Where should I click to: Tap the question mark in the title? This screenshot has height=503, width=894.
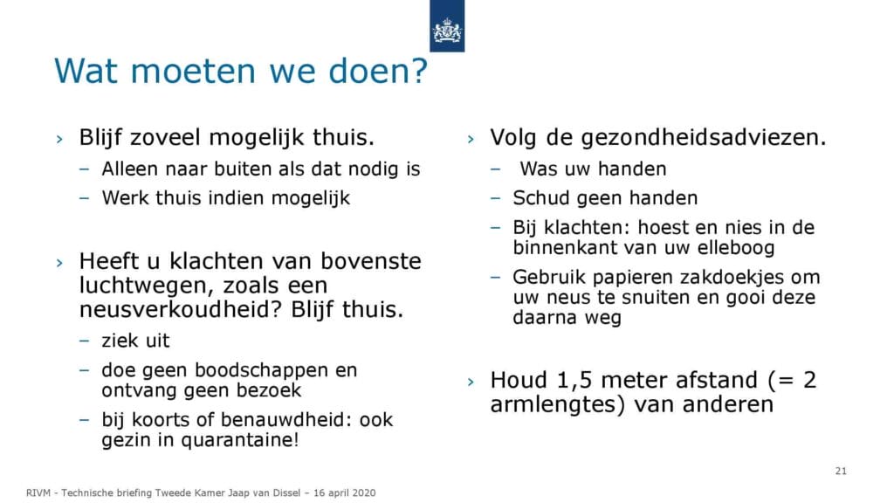[419, 71]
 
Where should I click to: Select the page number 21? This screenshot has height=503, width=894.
[841, 471]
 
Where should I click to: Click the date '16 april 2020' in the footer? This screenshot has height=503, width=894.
[344, 493]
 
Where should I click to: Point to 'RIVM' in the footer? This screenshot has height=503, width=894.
[38, 493]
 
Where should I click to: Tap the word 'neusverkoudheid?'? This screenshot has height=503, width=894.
[182, 310]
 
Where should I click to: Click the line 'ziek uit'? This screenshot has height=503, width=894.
[135, 341]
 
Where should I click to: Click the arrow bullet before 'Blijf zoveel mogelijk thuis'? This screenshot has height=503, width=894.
[59, 139]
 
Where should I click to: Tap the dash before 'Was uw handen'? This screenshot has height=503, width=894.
[495, 169]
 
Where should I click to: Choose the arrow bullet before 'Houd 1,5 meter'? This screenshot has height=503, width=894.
[471, 382]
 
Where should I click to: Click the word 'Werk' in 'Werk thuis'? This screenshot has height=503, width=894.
[126, 198]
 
